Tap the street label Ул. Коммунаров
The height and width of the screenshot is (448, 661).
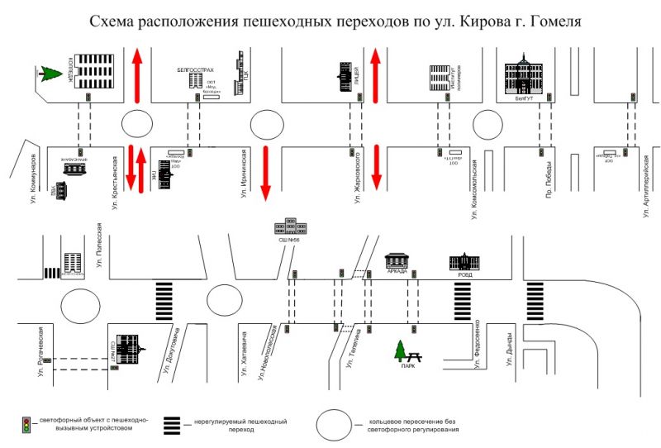34,178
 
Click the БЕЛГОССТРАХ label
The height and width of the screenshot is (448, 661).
195,70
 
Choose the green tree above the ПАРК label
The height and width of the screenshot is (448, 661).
401,350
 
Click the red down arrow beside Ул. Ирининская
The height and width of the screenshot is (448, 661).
265,173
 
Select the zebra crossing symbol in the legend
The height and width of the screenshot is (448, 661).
172,425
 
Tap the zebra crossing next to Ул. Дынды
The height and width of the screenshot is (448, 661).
537,300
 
